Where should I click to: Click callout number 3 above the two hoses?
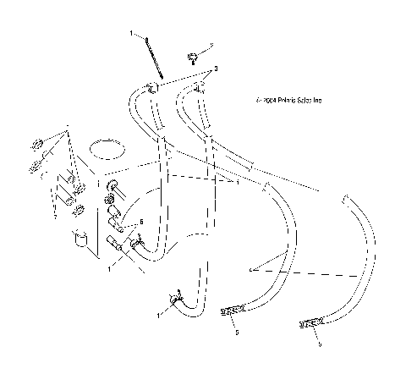(217, 68)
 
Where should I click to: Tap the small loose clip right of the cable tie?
(195, 57)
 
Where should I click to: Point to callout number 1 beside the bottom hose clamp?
(157, 316)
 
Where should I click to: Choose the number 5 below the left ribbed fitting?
(236, 333)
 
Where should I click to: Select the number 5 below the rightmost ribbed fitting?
(318, 344)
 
